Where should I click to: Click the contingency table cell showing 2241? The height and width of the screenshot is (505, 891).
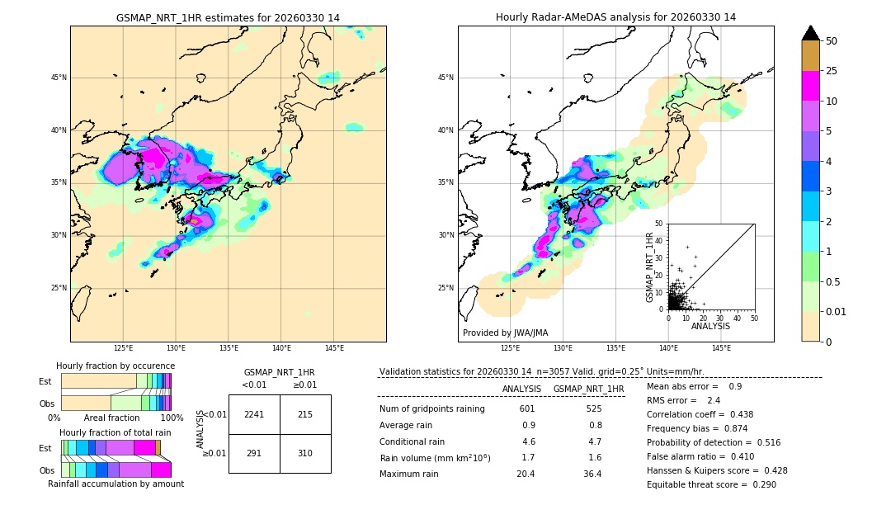tap(254, 414)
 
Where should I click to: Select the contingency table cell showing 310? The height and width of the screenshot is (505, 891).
tap(305, 453)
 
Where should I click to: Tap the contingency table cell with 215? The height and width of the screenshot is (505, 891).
tap(305, 414)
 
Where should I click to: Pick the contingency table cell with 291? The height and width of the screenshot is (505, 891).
tap(254, 453)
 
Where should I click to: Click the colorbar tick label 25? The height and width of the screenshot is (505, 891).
tap(832, 71)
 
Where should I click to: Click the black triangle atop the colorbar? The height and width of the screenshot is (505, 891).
tap(811, 33)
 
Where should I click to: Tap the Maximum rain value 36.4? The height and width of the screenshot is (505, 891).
tap(592, 474)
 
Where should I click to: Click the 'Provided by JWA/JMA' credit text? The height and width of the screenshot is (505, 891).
tap(505, 333)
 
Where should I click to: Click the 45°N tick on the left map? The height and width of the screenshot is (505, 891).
tap(59, 78)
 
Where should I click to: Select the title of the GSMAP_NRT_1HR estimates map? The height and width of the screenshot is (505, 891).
tap(228, 17)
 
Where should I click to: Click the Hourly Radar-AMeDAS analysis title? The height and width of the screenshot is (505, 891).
tap(615, 17)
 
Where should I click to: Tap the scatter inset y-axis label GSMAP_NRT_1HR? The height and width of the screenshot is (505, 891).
tap(649, 267)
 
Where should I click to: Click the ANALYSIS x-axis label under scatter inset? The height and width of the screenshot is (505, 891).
tap(710, 326)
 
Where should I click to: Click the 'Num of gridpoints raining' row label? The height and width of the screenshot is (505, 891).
tap(432, 408)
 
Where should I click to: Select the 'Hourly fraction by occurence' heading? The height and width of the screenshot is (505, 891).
tap(115, 366)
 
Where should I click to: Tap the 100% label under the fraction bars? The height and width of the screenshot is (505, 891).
tap(172, 418)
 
